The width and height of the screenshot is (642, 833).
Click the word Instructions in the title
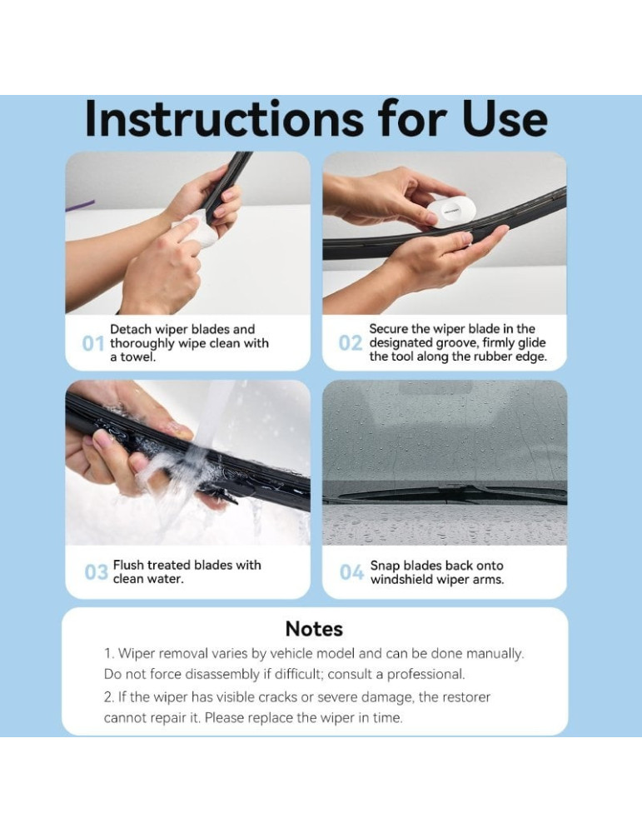click(224, 119)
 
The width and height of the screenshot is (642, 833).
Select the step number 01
click(93, 344)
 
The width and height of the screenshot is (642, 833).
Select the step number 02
click(351, 343)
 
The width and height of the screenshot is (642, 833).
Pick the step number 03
click(96, 572)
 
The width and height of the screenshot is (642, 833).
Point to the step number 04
click(351, 572)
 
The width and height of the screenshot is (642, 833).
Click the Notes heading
click(314, 629)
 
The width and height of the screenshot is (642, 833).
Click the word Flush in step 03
click(128, 565)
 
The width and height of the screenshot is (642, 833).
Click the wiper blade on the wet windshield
click(451, 494)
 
